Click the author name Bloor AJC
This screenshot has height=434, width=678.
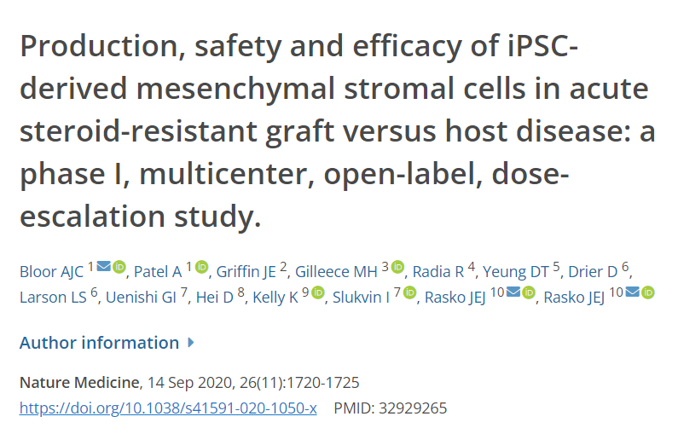[51, 272]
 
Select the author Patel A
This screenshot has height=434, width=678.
[159, 272]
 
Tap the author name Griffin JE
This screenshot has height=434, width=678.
[246, 272]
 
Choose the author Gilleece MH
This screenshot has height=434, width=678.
[336, 272]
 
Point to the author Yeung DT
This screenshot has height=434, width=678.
[515, 272]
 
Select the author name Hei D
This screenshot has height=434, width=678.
[215, 298]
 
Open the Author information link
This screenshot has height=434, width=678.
[99, 343]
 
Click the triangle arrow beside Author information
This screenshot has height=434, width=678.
[191, 343]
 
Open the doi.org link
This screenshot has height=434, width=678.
[168, 408]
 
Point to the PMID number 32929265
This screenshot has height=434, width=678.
[413, 408]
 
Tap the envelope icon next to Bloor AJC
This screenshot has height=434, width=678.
[103, 267]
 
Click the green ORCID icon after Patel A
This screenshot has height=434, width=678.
[201, 267]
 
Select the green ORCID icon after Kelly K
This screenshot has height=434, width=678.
[318, 292]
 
